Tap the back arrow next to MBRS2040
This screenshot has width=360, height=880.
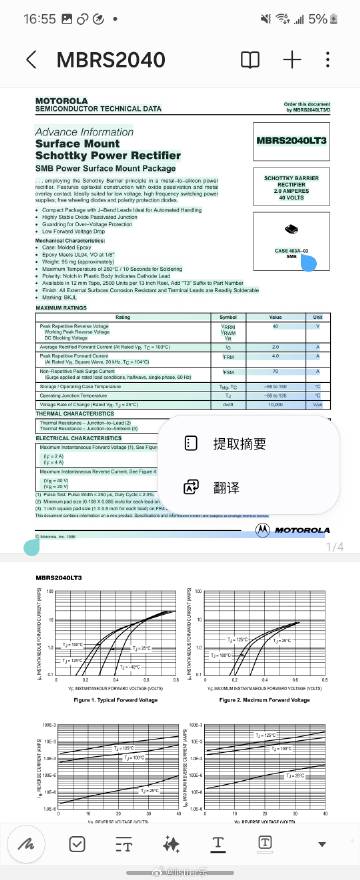pyautogui.click(x=31, y=59)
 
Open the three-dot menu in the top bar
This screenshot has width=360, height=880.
pyautogui.click(x=335, y=59)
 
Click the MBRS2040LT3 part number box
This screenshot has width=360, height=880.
pyautogui.click(x=291, y=141)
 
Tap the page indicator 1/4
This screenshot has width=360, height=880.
pyautogui.click(x=334, y=547)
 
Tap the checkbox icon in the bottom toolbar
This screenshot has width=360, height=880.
pyautogui.click(x=77, y=843)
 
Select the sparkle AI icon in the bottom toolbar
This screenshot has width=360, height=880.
pyautogui.click(x=171, y=843)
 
